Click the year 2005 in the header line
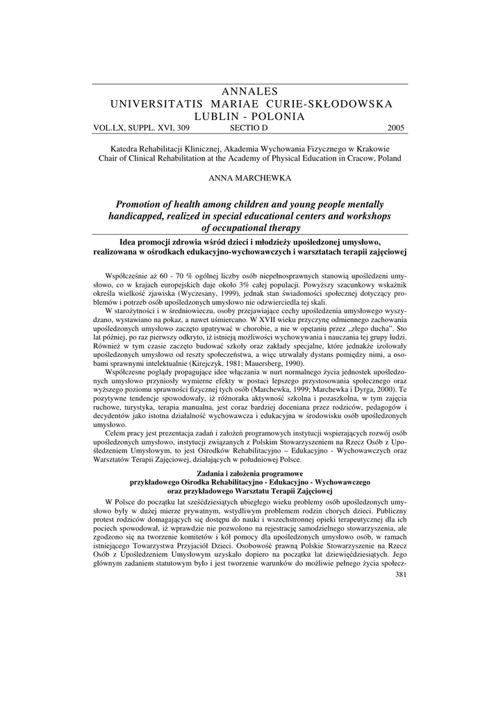click(394, 128)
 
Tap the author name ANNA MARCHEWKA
click(251, 178)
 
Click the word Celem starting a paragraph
click(116, 432)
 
